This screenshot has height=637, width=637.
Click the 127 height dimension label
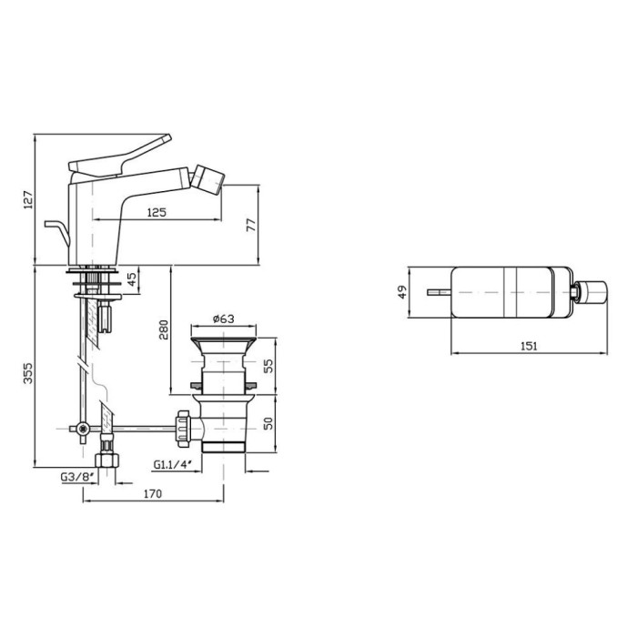[27, 199]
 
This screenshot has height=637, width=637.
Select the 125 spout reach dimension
[157, 212]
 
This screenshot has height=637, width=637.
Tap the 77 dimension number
[250, 225]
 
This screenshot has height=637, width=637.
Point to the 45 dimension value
[132, 279]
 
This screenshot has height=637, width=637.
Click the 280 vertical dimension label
[163, 329]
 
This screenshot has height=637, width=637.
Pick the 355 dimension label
[27, 374]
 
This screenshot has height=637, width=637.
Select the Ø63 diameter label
[224, 318]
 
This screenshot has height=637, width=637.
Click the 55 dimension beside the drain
[268, 366]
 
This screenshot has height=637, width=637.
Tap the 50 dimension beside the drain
[268, 423]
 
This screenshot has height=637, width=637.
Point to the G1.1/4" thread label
[172, 464]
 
